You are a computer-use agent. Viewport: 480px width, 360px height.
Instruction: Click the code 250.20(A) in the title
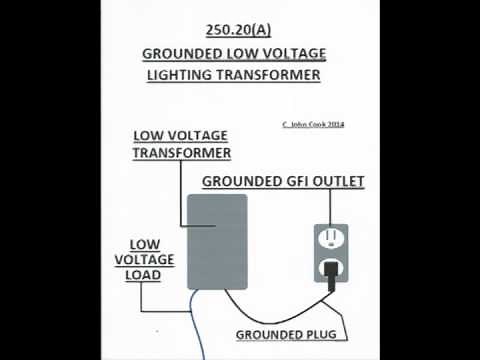coord(239,31)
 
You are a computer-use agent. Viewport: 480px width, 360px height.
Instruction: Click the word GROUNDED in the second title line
coord(183,53)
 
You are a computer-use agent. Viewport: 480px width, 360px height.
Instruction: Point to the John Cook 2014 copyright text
coord(315,125)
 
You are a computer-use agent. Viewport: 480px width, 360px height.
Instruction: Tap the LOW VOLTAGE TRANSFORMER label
coord(182,144)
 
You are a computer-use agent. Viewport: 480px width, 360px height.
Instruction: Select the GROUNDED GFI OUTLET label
coord(283,182)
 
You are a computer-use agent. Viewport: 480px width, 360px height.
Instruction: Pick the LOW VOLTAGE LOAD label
coord(148,258)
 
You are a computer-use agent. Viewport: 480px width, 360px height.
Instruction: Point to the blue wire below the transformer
coord(196,320)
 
